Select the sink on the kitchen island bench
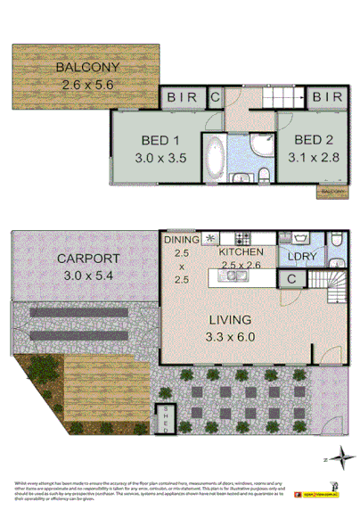[235, 277]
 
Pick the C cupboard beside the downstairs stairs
[290, 279]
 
